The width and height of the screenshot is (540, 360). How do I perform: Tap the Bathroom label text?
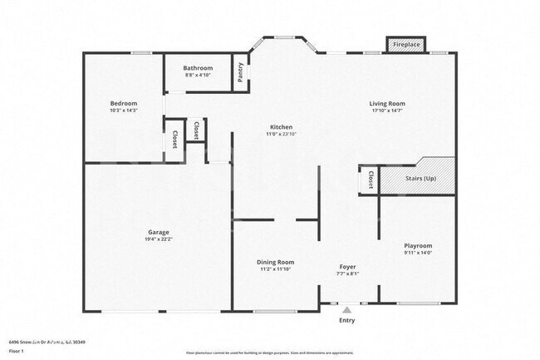pos(199,68)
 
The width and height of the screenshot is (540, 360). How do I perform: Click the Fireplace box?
pos(406,44)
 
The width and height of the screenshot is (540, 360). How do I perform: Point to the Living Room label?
pos(387,104)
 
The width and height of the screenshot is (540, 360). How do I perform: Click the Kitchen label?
pos(280,127)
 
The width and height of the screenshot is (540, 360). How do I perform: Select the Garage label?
pos(159,232)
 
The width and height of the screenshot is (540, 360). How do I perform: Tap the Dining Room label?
pos(274,262)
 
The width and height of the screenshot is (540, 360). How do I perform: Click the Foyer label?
pos(347,266)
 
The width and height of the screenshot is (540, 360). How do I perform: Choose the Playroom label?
pos(417,246)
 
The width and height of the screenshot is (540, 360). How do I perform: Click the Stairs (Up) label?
pos(420,178)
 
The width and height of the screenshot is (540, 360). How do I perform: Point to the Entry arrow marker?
pos(347,308)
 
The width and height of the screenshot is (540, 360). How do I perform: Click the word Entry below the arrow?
pos(347,320)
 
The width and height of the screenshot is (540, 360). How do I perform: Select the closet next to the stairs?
pos(369,180)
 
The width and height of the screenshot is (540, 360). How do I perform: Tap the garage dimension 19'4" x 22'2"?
pos(159,239)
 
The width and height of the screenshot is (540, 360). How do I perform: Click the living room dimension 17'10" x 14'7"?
pos(387,111)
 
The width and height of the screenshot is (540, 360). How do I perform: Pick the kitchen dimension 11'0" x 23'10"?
pos(280,134)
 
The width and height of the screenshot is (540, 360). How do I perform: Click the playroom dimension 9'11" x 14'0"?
pos(417,254)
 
